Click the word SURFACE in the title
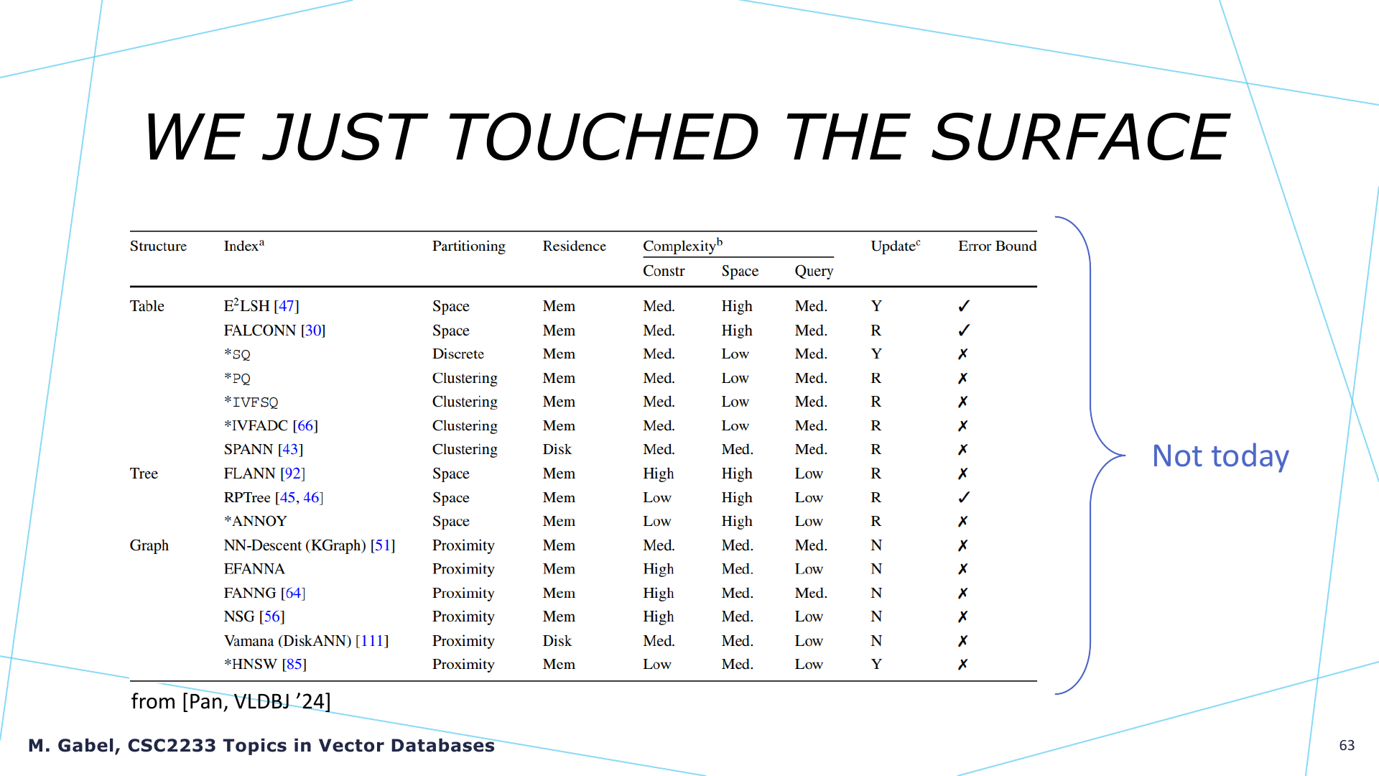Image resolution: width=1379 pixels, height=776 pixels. [x=1080, y=137]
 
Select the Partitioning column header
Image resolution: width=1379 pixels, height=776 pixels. [x=468, y=246]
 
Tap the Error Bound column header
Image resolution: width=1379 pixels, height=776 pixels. [x=997, y=246]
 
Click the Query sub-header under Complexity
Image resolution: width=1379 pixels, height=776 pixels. [x=814, y=271]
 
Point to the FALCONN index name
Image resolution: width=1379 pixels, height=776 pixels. [x=260, y=330]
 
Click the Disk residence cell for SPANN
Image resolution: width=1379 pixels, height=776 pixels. [x=557, y=449]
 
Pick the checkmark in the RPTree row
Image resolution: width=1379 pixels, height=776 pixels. [x=964, y=496]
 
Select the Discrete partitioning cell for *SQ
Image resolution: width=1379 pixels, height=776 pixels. [x=458, y=354]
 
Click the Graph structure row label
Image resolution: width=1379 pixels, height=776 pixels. [x=149, y=545]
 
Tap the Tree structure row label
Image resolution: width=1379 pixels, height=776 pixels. [x=144, y=474]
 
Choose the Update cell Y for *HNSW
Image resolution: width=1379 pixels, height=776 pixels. [x=876, y=664]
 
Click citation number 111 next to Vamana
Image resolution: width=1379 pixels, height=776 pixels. [x=372, y=640]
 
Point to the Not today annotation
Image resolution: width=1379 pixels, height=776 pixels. [x=1220, y=456]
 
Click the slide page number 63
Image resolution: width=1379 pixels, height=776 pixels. [x=1347, y=745]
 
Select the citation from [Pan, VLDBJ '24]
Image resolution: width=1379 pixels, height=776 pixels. [x=231, y=701]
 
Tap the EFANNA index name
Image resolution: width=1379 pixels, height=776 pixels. [x=254, y=568]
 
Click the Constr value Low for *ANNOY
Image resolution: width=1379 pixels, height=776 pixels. [x=656, y=521]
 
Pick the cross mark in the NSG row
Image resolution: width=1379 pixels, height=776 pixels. [x=962, y=616]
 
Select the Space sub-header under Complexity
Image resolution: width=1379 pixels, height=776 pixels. [x=740, y=271]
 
